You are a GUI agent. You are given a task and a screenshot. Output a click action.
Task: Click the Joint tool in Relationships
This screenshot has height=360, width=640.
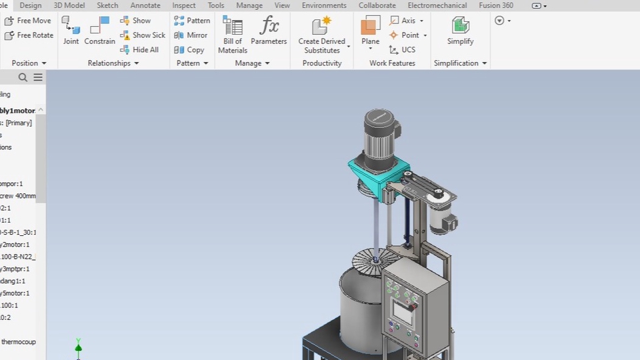pyautogui.click(x=71, y=31)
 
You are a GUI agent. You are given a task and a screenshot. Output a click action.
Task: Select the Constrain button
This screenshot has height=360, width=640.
pyautogui.click(x=99, y=31)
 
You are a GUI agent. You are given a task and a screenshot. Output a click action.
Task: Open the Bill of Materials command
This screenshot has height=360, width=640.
pyautogui.click(x=233, y=35)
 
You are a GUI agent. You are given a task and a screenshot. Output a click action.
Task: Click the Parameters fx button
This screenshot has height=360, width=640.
pyautogui.click(x=269, y=31)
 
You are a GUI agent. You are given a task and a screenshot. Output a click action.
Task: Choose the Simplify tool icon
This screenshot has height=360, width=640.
pyautogui.click(x=460, y=31)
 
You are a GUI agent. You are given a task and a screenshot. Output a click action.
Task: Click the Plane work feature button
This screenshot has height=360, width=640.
pyautogui.click(x=370, y=31)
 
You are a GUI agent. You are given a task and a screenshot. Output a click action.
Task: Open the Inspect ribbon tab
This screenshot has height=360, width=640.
pyautogui.click(x=184, y=5)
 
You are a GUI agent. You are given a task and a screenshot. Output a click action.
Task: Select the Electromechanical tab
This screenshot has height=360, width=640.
pyautogui.click(x=437, y=5)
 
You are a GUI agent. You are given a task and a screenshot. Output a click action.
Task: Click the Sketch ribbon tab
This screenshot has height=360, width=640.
pyautogui.click(x=107, y=5)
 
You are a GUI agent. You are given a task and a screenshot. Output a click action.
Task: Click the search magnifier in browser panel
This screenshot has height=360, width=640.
pyautogui.click(x=23, y=77)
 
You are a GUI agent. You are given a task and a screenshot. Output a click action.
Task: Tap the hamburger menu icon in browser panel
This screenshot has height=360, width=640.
pyautogui.click(x=38, y=77)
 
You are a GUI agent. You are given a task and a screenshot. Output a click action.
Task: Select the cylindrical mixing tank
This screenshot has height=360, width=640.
pyautogui.click(x=360, y=310)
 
